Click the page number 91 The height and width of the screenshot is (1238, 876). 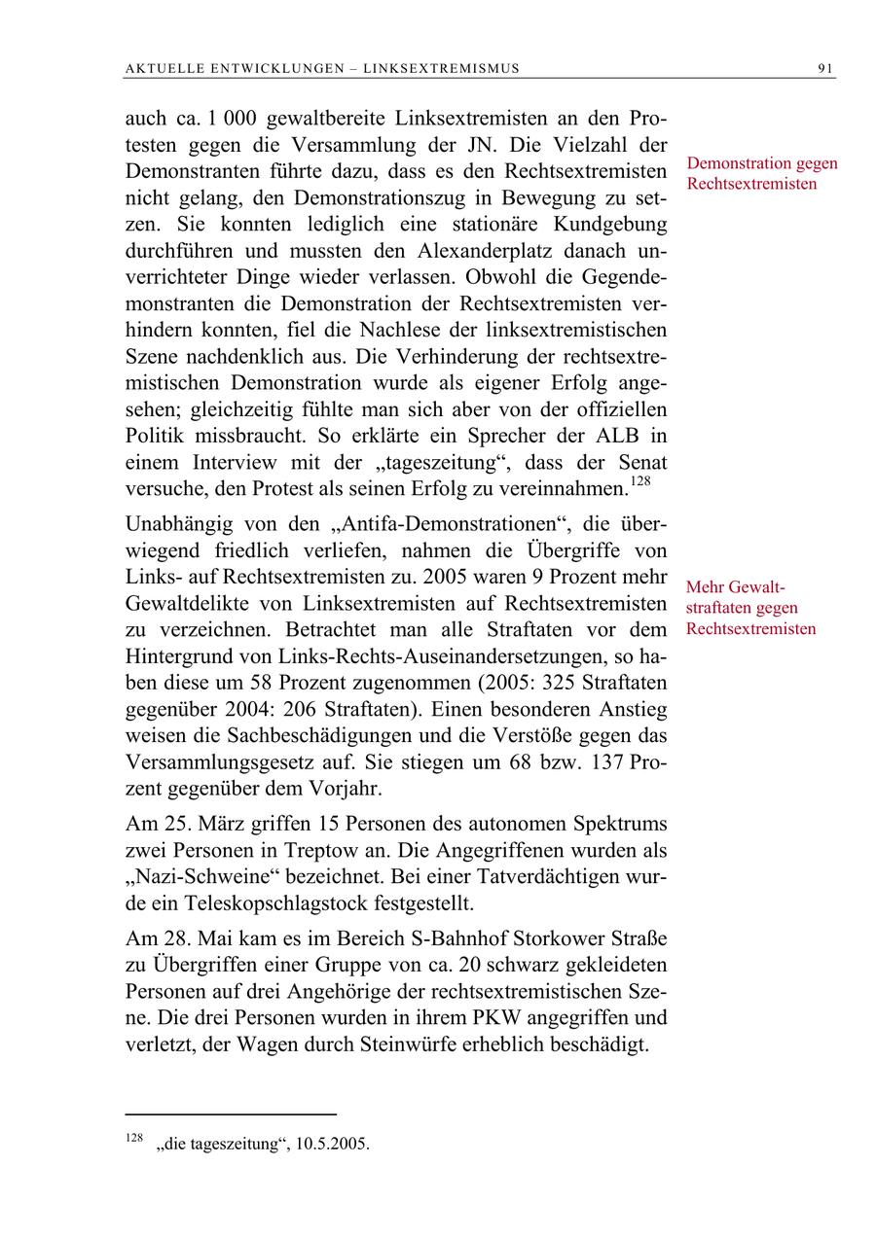tap(826, 68)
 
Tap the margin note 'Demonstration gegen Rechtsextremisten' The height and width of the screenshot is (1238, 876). tap(761, 173)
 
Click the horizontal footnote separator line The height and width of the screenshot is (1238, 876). tap(232, 1114)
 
